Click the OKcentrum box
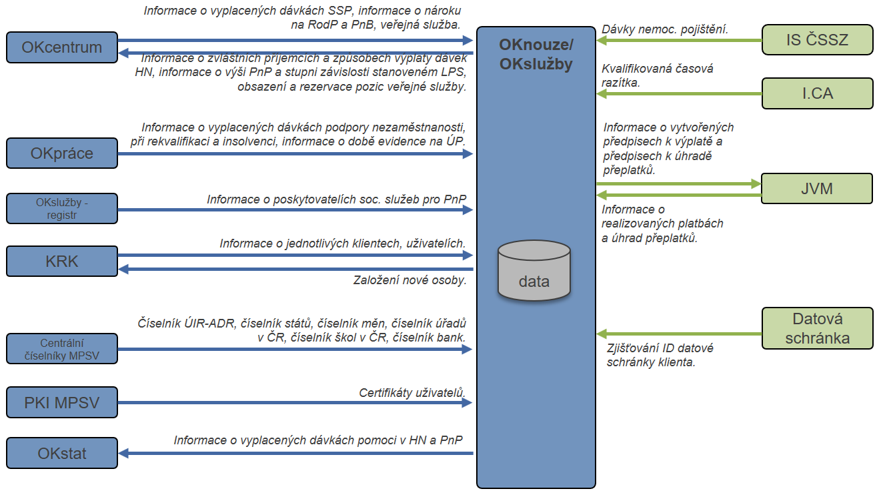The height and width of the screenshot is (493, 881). [x=61, y=47]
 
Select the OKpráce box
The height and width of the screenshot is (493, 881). [x=61, y=153]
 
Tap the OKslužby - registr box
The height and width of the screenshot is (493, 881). [x=61, y=208]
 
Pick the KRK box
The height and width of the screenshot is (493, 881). [x=61, y=262]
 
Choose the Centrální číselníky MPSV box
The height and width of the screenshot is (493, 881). [x=61, y=349]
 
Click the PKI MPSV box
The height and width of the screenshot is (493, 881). [x=61, y=402]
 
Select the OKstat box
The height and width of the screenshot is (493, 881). [x=61, y=454]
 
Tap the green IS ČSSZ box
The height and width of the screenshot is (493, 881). [x=816, y=40]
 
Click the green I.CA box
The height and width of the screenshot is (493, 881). [x=816, y=93]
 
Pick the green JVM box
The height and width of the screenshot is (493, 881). [x=816, y=189]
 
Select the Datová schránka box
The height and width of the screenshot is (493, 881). [x=816, y=328]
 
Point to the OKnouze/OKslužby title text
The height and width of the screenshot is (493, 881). [x=536, y=55]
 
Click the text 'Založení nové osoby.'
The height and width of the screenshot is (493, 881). [x=409, y=280]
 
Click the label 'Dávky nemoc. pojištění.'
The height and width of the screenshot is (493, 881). [x=664, y=29]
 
